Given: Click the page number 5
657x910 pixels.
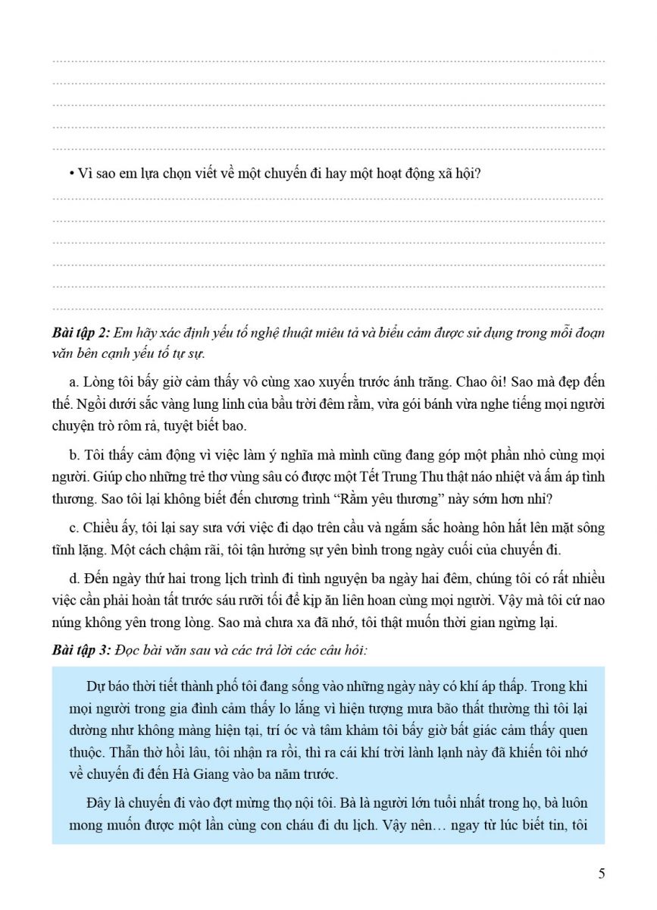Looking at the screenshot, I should (x=601, y=874).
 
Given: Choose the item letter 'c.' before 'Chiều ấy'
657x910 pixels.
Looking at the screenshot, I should (x=74, y=528).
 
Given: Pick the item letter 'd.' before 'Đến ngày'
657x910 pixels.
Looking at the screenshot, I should (x=74, y=580).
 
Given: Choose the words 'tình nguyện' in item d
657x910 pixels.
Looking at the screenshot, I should (x=358, y=580).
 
